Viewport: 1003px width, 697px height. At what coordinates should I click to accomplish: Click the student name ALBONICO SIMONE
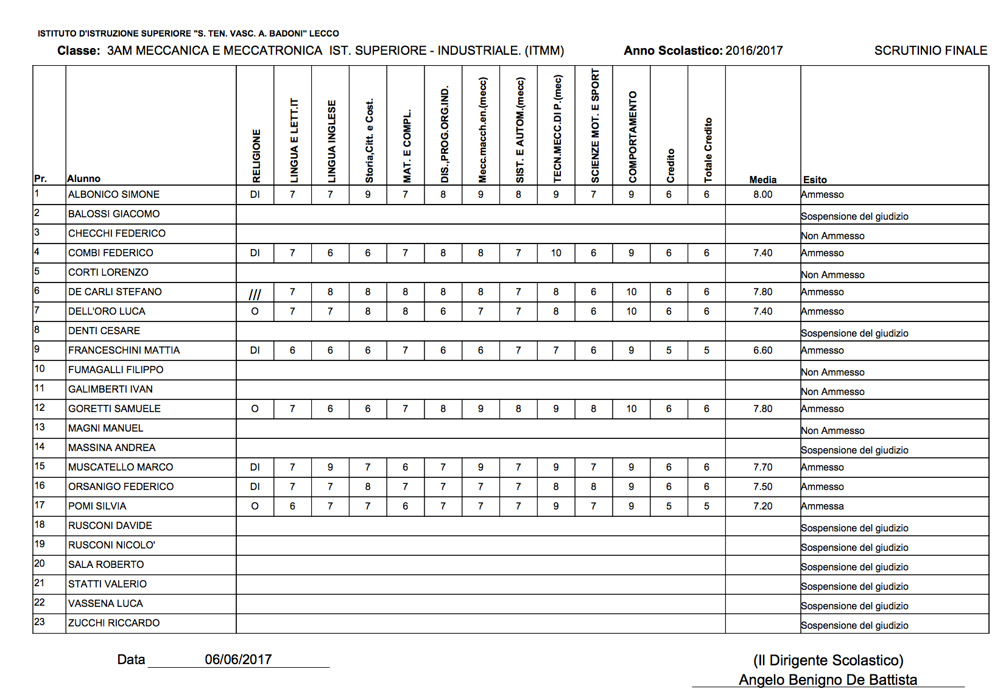tap(114, 195)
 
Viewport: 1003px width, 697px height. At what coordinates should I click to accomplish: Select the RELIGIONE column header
tap(256, 155)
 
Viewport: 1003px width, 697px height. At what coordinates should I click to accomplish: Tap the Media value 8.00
tap(762, 195)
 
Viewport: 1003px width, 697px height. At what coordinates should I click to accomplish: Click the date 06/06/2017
tap(238, 659)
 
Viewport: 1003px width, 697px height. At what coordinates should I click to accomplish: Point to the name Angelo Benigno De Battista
tap(828, 680)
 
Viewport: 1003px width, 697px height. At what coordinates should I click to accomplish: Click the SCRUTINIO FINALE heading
tap(931, 51)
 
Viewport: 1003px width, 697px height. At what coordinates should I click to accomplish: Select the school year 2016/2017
tap(754, 51)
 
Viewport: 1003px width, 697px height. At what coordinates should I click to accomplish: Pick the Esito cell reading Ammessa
tap(822, 506)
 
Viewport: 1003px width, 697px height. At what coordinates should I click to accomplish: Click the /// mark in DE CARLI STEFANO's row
tap(255, 295)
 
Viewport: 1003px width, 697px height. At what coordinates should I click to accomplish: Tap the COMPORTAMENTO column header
tap(633, 137)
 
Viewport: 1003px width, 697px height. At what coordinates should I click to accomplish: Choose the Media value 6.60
tap(762, 351)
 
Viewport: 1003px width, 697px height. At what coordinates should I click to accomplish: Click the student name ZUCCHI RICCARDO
tap(114, 623)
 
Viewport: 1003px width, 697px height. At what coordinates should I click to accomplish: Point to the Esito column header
tap(815, 180)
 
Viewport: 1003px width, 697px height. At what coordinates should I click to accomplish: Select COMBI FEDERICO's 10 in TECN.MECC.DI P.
tap(556, 253)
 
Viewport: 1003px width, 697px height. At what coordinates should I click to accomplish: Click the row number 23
tap(40, 622)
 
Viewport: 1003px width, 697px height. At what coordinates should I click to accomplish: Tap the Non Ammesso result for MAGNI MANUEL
tap(832, 431)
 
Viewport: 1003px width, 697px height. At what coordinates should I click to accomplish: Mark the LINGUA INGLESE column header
tap(332, 141)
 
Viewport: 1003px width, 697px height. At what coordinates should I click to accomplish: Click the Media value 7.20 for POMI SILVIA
tap(762, 506)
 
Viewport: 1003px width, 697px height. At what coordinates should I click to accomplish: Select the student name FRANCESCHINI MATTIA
tap(124, 351)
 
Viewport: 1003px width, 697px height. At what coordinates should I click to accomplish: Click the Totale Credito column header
tap(708, 150)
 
